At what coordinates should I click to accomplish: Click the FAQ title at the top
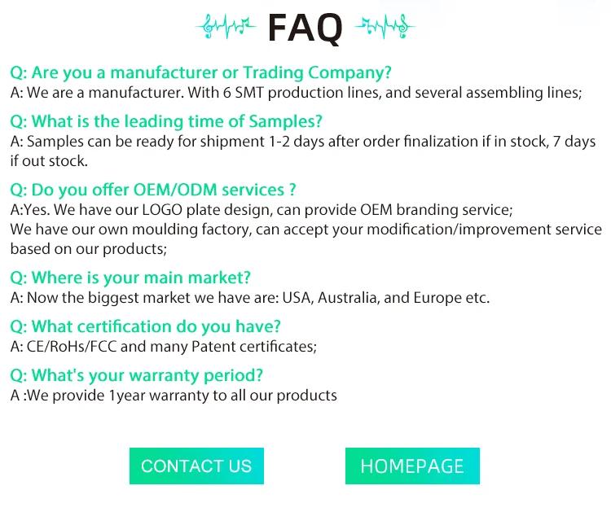pyautogui.click(x=305, y=28)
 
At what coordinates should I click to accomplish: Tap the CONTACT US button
pyautogui.click(x=196, y=466)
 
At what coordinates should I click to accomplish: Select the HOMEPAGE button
pyautogui.click(x=412, y=466)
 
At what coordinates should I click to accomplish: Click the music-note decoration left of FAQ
pyautogui.click(x=226, y=27)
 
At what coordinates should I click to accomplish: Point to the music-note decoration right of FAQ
pyautogui.click(x=385, y=27)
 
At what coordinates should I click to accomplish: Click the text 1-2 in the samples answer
pyautogui.click(x=279, y=142)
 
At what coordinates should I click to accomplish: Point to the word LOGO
pyautogui.click(x=162, y=210)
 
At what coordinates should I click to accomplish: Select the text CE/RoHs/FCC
pyautogui.click(x=72, y=347)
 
